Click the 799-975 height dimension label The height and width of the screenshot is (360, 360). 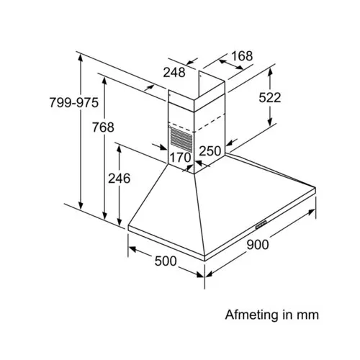(74, 102)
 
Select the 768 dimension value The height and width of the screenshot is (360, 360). (103, 127)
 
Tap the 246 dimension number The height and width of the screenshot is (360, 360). (119, 179)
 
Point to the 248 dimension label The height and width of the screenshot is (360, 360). (174, 72)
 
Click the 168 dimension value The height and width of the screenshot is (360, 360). (242, 56)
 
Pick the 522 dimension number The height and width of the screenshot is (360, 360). (270, 98)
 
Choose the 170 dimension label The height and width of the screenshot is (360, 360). (180, 158)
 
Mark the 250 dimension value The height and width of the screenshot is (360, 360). (210, 151)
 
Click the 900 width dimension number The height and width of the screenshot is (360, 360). (258, 245)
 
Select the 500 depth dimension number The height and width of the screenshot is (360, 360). (166, 261)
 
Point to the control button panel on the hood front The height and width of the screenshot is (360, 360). (261, 225)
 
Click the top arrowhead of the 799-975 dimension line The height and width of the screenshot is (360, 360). (81, 58)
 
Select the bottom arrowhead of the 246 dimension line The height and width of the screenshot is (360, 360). (119, 222)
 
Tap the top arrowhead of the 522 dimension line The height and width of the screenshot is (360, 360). (270, 72)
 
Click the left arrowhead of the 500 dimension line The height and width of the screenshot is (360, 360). (132, 249)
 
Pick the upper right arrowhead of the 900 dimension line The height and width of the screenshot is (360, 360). (311, 212)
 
